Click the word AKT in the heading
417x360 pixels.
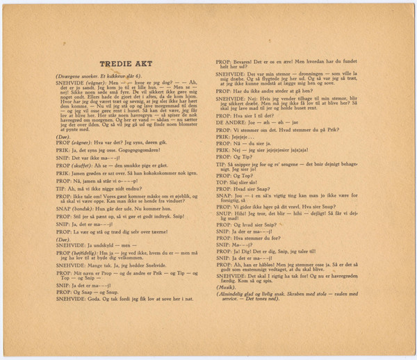click(142, 63)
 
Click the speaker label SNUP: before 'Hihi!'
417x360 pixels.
click(222, 213)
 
